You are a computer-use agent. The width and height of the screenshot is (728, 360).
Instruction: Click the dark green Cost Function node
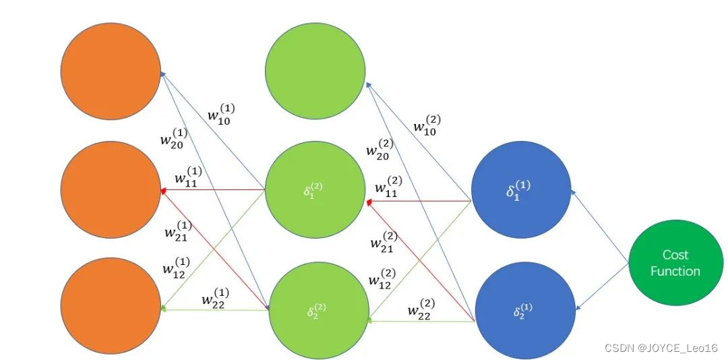pyautogui.click(x=675, y=262)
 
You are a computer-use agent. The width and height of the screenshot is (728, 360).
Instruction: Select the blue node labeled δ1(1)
pyautogui.click(x=521, y=191)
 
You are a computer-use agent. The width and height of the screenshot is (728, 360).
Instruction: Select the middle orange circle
pyautogui.click(x=111, y=189)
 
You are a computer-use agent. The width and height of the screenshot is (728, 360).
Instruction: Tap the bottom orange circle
pyautogui.click(x=111, y=309)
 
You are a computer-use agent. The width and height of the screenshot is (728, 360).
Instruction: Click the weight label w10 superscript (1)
pyautogui.click(x=221, y=114)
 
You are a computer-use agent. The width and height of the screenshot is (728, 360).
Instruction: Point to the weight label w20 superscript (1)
pyautogui.click(x=174, y=138)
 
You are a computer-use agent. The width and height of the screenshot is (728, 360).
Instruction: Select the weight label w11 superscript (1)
pyautogui.click(x=188, y=177)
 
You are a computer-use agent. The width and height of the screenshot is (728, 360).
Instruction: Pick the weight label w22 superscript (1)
pyautogui.click(x=213, y=297)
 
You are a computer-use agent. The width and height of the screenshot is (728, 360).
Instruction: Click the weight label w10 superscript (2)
pyautogui.click(x=427, y=125)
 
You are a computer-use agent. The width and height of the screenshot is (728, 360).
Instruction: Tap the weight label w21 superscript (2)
pyautogui.click(x=384, y=241)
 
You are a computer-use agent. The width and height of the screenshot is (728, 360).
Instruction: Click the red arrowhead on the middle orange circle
pyautogui.click(x=164, y=190)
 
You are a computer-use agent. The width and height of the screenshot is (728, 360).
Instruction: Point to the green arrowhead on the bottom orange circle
pyautogui.click(x=163, y=309)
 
